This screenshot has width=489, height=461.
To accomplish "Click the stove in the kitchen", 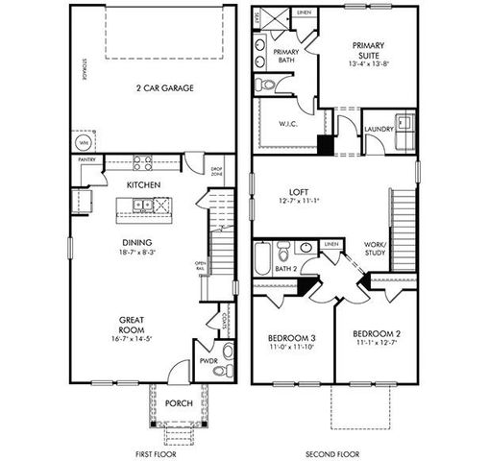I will coord(142,162).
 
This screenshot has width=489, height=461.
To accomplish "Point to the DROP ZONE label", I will coord(217,172).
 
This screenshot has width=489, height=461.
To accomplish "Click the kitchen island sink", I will coord(141,204).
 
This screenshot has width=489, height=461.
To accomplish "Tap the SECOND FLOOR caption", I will coord(332,452).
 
